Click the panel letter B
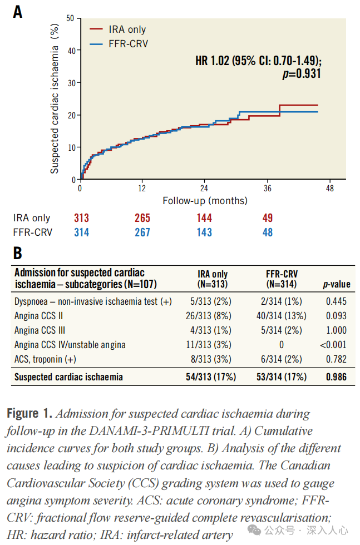click(x=18, y=254)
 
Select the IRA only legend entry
click(x=126, y=29)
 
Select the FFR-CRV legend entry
click(x=127, y=43)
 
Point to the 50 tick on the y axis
click(x=70, y=18)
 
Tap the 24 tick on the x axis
click(x=204, y=188)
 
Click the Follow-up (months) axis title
click(x=205, y=200)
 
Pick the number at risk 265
click(x=142, y=218)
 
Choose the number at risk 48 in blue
click(x=268, y=232)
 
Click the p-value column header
click(x=337, y=284)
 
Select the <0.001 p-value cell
click(x=333, y=345)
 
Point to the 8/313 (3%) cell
click(x=212, y=359)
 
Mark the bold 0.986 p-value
click(x=336, y=377)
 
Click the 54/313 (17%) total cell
click(x=211, y=377)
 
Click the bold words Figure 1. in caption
click(x=29, y=414)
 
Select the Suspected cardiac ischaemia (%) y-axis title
click(x=55, y=99)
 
